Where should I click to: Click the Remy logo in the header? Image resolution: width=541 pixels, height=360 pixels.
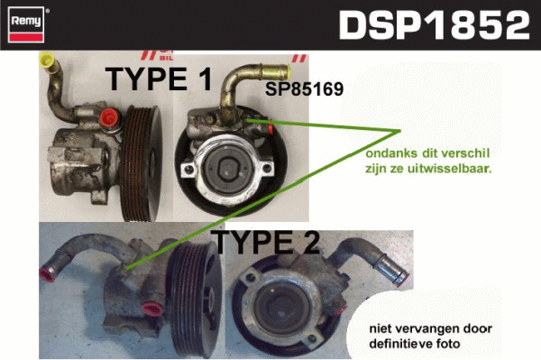click(26, 24)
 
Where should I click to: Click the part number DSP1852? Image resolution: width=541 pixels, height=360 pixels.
click(434, 25)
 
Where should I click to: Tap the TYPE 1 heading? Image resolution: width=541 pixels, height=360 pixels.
click(159, 79)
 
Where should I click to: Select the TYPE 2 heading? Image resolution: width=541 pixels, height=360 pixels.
click(265, 242)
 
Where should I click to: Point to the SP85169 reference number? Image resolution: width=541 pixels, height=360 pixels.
click(305, 89)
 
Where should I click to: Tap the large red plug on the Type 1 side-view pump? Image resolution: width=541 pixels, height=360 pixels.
click(109, 117)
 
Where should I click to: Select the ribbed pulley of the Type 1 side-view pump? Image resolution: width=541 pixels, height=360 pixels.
click(142, 163)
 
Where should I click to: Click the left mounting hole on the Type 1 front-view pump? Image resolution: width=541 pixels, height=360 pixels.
click(188, 170)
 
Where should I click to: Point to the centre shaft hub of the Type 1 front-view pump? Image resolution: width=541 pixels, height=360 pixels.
click(226, 168)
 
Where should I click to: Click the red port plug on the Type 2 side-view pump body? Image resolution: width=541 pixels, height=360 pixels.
click(153, 309)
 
